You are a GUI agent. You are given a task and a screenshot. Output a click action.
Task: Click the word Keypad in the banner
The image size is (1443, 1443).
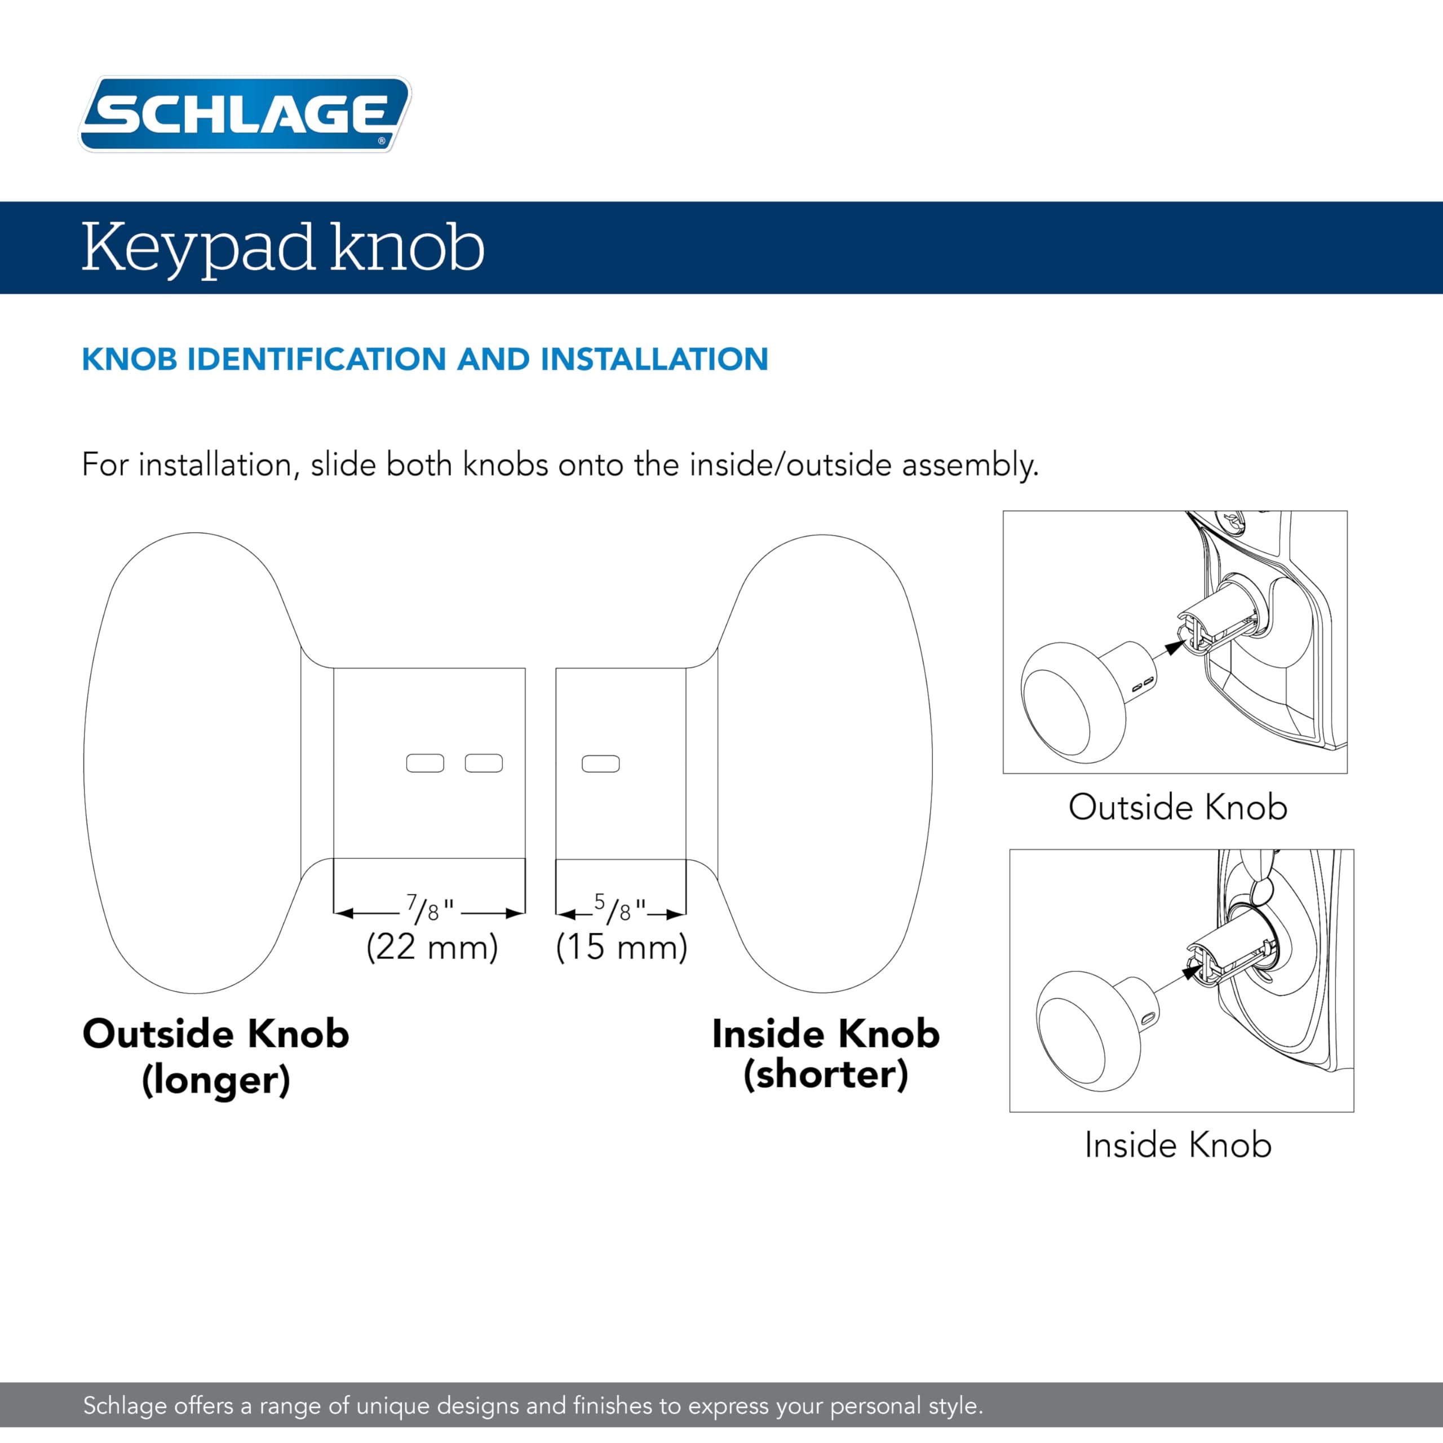point(198,248)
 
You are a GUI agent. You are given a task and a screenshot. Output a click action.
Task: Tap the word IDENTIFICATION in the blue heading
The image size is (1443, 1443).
point(320,359)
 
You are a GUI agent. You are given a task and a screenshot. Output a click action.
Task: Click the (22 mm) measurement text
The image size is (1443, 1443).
point(432,948)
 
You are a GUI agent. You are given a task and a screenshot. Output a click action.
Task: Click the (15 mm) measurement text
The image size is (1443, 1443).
point(621,948)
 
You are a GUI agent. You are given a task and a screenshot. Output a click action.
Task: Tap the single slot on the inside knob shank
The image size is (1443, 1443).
point(600,763)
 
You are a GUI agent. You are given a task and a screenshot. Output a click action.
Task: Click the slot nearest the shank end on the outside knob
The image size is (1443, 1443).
point(483,763)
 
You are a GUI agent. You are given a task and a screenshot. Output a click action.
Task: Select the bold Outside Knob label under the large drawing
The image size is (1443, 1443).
point(216,1034)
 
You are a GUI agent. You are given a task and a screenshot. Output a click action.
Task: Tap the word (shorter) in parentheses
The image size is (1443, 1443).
point(825,1075)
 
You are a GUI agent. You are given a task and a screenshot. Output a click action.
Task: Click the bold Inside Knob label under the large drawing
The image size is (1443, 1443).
point(825,1034)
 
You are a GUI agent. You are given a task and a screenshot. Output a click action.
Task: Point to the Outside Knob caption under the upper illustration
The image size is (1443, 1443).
point(1178,807)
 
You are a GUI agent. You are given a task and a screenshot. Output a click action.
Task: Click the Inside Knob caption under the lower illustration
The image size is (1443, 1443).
point(1178,1145)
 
